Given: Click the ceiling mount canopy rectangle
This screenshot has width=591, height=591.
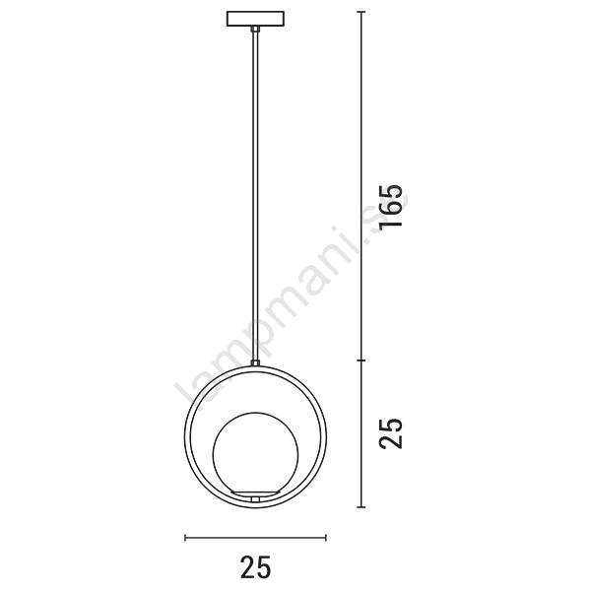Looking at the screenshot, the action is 255,19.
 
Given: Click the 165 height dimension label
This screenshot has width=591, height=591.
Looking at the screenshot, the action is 390,206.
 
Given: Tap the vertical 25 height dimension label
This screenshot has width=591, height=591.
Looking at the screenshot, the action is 390,433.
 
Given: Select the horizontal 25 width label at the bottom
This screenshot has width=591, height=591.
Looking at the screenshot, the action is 255,566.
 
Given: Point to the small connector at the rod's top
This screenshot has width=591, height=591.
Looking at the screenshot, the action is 255,29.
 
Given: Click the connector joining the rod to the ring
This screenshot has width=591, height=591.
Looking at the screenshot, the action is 255,362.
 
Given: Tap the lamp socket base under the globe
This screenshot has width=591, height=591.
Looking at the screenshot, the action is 255,493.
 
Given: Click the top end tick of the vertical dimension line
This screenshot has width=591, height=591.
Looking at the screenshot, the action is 361,12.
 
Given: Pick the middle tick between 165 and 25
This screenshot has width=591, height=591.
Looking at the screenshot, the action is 361,361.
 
